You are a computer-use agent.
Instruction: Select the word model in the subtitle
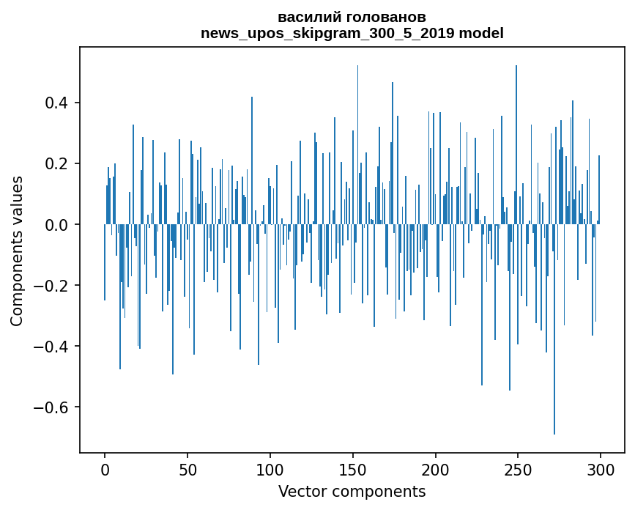click(x=481, y=33)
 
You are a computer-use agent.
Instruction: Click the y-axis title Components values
click(x=17, y=251)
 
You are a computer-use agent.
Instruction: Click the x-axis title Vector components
click(x=352, y=491)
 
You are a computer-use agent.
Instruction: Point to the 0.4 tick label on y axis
click(x=56, y=103)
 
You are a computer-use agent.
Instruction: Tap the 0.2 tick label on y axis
click(x=56, y=163)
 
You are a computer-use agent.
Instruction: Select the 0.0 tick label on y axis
click(x=56, y=224)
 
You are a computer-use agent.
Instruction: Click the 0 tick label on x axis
click(x=105, y=469)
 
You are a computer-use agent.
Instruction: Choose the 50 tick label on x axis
click(x=187, y=469)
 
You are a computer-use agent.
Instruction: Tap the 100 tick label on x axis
click(x=270, y=469)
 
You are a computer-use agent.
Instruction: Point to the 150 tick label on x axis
click(x=352, y=469)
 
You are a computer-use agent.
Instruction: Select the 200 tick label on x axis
click(x=435, y=469)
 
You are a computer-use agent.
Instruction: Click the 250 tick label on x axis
click(x=518, y=469)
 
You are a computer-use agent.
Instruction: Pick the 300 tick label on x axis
click(x=601, y=469)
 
